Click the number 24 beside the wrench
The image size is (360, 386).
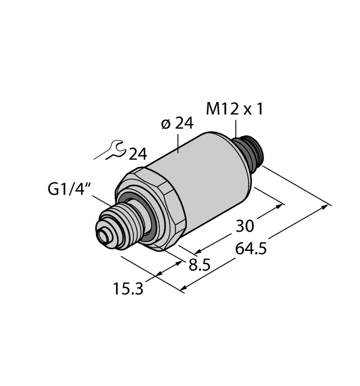(138, 154)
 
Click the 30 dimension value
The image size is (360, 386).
(246, 226)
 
